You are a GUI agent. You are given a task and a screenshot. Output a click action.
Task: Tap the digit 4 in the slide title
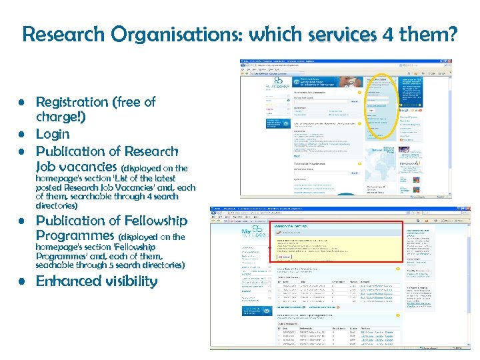(389, 34)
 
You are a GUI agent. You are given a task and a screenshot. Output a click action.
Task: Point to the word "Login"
(53, 135)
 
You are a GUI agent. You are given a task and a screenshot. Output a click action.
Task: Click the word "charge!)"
(61, 117)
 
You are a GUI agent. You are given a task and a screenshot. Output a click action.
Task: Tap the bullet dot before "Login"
(22, 135)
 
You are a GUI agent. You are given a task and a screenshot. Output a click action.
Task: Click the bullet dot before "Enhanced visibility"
(22, 281)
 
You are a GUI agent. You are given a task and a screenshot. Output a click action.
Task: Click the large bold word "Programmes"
(75, 235)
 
